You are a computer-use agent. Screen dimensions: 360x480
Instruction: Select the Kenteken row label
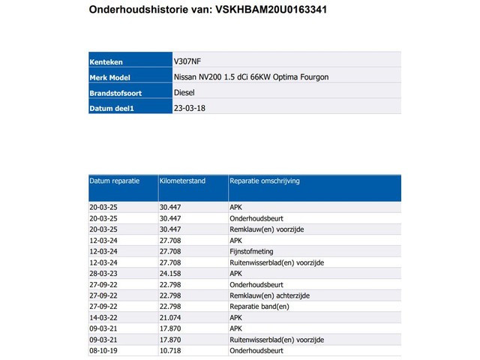pos(106,61)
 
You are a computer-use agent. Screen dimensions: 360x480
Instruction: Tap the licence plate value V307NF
pos(187,61)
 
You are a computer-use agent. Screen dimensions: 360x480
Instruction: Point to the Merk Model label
pos(112,77)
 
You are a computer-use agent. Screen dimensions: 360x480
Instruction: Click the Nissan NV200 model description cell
pos(250,77)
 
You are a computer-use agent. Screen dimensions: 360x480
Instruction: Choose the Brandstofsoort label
pos(116,93)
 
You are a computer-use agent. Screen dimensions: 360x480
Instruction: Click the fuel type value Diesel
pos(184,93)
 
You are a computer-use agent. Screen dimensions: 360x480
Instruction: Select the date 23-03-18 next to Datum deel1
pos(190,108)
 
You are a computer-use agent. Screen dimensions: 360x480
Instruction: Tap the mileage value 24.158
pos(171,274)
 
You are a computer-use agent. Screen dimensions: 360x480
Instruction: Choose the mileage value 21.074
pos(171,317)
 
